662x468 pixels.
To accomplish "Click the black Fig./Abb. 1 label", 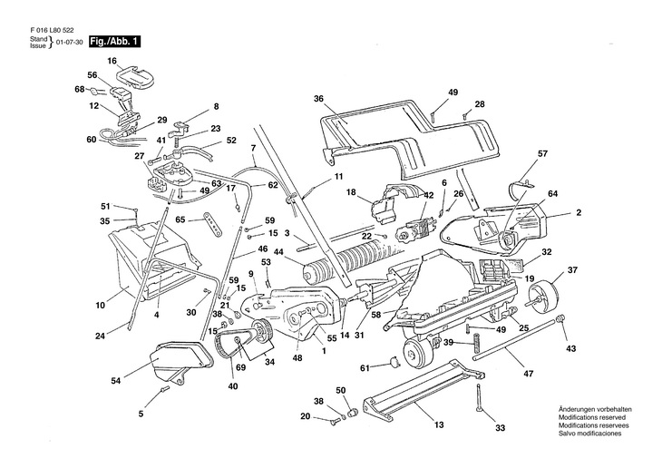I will click(115, 42).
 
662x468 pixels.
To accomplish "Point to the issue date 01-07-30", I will click(69, 43).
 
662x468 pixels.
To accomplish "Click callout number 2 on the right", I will click(578, 213).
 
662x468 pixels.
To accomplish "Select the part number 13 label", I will click(438, 424).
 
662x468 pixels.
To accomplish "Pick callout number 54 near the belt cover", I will click(116, 381).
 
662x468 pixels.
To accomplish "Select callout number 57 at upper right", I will click(542, 153).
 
